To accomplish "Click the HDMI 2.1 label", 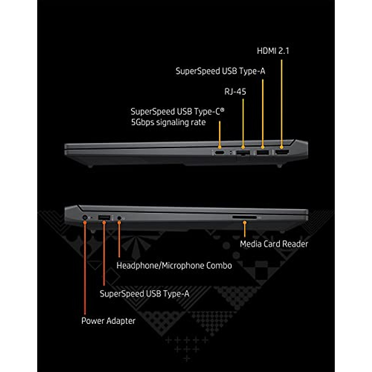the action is pos(273,51).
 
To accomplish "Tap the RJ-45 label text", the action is pos(235,91).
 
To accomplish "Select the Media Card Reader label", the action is pos(274,244).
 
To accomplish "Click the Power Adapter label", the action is pos(108,321).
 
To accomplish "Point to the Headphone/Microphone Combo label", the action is pos(174,266).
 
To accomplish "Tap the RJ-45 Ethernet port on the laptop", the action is pos(243,153).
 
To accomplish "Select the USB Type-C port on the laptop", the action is pos(220,153).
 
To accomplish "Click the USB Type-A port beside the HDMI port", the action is pos(263,152).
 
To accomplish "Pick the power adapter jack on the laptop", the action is pos(85,218).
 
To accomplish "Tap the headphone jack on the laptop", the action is pos(119,218).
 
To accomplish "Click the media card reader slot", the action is pos(245,218).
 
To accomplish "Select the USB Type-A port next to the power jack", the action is pos(104,218).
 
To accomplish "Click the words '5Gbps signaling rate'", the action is pos(168,122).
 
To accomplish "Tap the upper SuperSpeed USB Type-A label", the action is pos(220,71).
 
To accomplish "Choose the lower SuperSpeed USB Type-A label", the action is pos(144,294).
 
